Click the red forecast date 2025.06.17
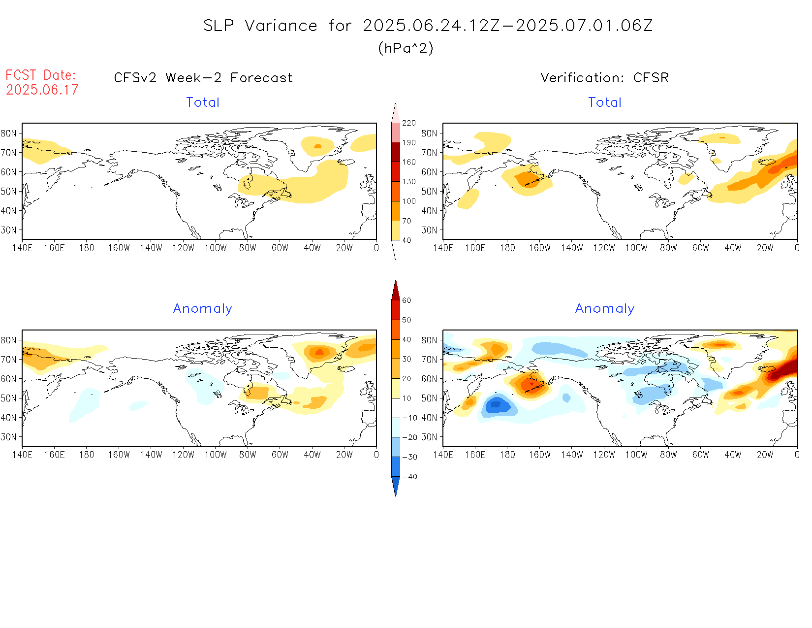click(42, 90)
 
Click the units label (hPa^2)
click(406, 48)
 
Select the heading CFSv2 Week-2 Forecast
click(203, 78)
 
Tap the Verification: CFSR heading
click(604, 78)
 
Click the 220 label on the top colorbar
click(408, 123)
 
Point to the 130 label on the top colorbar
click(408, 182)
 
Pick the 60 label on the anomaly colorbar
click(406, 300)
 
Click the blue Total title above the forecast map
click(202, 102)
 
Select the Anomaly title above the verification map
click(604, 309)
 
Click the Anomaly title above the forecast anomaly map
click(202, 309)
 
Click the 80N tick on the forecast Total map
click(9, 133)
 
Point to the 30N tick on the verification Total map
click(429, 230)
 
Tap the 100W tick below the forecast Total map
click(216, 248)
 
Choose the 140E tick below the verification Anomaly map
click(443, 455)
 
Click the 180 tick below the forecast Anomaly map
click(87, 455)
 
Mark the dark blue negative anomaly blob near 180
click(496, 405)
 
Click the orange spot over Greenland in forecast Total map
click(317, 146)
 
